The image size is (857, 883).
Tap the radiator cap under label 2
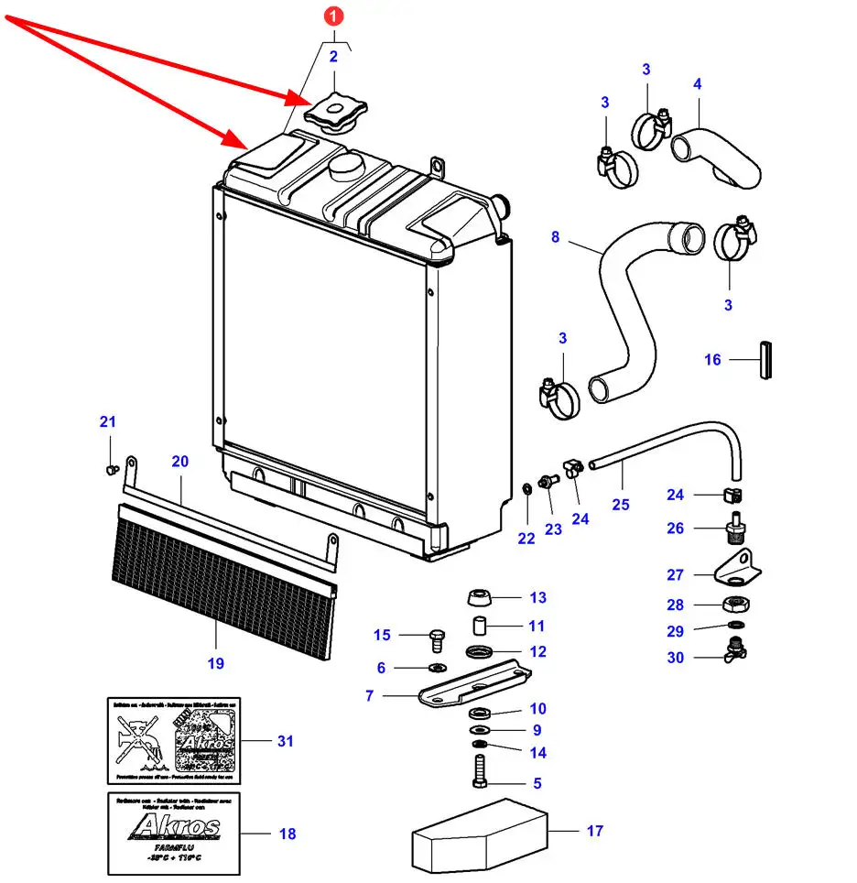tap(333, 114)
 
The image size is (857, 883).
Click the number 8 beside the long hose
tap(555, 237)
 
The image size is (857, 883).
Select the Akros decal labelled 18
tap(174, 833)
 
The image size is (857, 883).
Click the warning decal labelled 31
tap(174, 740)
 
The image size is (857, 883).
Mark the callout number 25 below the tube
tap(621, 504)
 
